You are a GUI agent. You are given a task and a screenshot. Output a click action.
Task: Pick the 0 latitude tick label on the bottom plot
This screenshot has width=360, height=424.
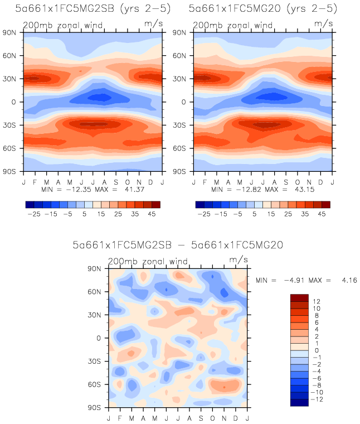tap(103, 338)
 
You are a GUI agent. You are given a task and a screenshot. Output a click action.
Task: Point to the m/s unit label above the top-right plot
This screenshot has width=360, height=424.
tap(322, 23)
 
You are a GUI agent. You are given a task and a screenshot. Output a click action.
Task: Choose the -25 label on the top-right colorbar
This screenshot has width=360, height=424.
tap(205, 214)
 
